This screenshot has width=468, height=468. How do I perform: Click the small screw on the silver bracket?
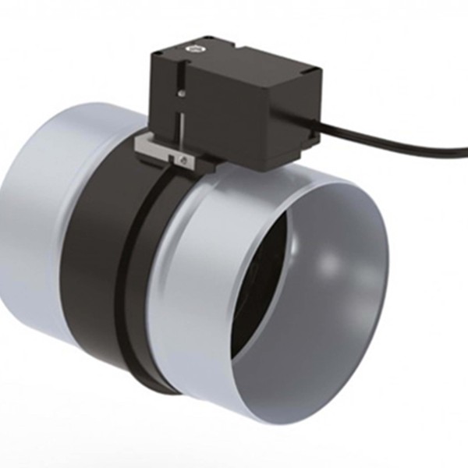point(182,159)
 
